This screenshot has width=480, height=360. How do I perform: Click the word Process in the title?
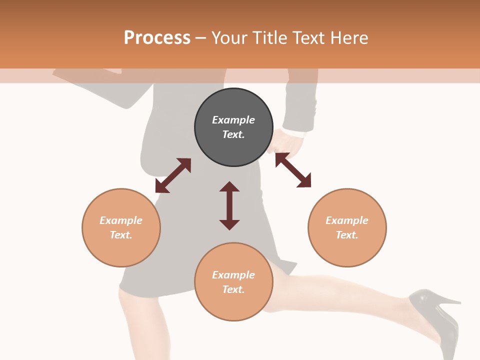click(157, 38)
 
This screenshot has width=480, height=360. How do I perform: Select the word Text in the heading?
click(308, 38)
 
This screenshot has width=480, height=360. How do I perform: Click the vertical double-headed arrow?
click(229, 205)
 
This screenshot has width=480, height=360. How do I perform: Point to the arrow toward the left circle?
click(173, 175)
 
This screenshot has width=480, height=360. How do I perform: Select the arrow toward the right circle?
click(293, 170)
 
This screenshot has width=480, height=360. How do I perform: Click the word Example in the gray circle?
click(233, 120)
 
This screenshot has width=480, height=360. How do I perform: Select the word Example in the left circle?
click(121, 220)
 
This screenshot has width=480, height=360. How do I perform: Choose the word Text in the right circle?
click(347, 235)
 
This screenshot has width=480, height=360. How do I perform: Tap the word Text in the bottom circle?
click(233, 289)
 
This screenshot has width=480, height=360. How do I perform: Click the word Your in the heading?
click(228, 38)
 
